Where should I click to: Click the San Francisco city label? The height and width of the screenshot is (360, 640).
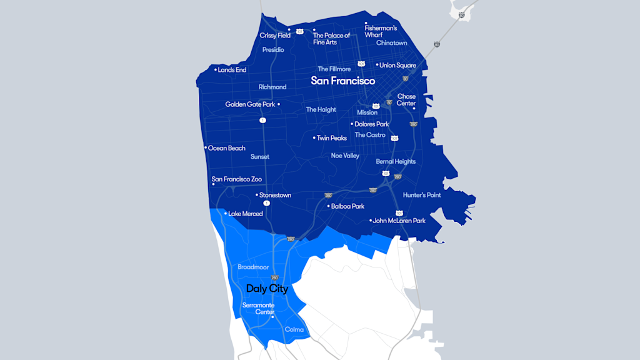[343, 81]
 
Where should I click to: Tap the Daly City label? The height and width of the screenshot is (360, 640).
[267, 289]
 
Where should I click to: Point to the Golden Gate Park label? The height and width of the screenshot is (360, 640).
[250, 104]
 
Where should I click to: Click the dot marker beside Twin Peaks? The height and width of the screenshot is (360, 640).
[314, 137]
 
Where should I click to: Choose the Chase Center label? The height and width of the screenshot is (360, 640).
[406, 100]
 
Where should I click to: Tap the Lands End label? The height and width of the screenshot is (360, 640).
[232, 70]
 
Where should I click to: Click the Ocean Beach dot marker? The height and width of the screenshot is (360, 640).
[206, 148]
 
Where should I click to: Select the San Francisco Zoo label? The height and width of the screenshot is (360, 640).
[237, 179]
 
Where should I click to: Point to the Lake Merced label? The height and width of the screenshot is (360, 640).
[246, 214]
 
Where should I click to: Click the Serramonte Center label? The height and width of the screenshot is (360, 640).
[258, 308]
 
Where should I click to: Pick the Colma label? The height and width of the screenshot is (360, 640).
[294, 329]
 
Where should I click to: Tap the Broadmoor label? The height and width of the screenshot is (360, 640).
[253, 267]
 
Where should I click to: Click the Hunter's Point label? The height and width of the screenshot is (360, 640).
[422, 195]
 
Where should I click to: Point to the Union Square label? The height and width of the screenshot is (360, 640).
[398, 65]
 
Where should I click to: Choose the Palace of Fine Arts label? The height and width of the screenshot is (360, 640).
[331, 39]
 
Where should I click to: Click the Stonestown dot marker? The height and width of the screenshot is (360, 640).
[257, 195]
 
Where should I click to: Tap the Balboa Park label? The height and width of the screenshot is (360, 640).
[347, 206]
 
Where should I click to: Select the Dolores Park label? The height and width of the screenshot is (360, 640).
[371, 124]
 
